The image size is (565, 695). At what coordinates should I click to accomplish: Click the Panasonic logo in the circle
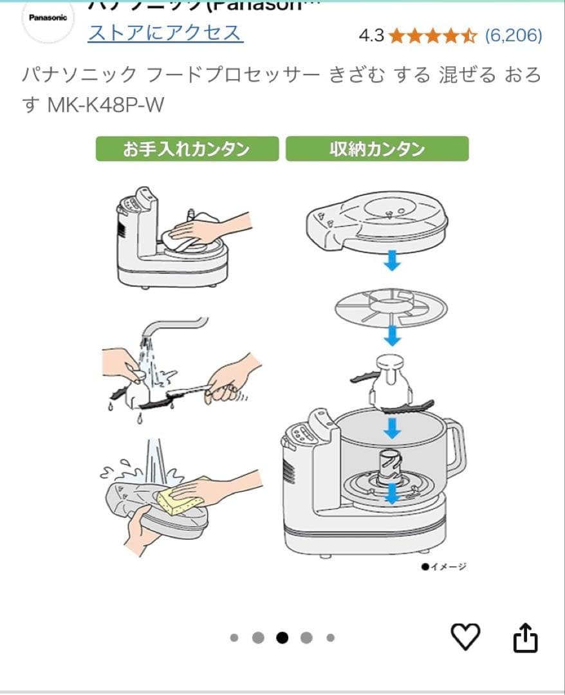(x=48, y=18)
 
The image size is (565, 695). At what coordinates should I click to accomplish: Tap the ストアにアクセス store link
(x=165, y=33)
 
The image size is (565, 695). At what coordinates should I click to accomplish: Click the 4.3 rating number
(x=371, y=35)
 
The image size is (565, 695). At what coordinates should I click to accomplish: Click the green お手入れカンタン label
(x=187, y=149)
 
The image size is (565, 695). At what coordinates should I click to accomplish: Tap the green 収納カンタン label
(x=377, y=149)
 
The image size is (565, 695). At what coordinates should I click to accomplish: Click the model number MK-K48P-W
(x=106, y=105)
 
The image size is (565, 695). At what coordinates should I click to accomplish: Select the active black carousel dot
(x=282, y=638)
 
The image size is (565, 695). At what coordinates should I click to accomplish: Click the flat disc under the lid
(x=391, y=306)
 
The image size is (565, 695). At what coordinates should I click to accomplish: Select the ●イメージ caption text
(x=444, y=566)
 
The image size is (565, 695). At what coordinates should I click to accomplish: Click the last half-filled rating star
(x=470, y=35)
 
